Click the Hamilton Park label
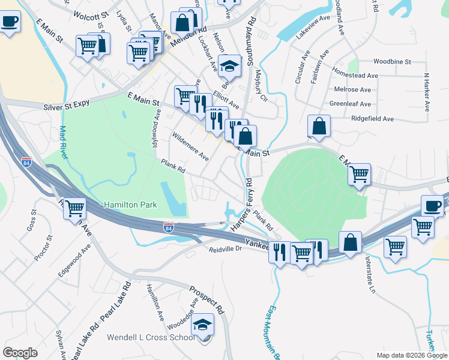pos(130,205)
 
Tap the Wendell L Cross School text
pos(151,337)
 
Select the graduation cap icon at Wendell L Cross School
pos(203,325)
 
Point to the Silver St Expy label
pos(67,104)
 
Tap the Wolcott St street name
pos(91,13)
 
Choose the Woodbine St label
pos(391,62)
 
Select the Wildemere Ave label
pos(190,148)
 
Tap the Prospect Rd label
pos(206,300)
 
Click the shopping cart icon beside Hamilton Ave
pos(75,209)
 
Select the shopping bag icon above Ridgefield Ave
pos(319,126)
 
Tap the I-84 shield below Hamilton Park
pos(170,227)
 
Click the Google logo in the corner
pos(20,353)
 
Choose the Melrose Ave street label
pos(355,89)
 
